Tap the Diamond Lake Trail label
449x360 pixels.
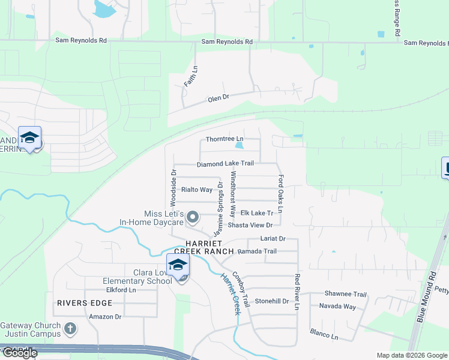[225, 163]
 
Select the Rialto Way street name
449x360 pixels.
[197, 190]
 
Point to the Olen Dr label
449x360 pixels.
[218, 97]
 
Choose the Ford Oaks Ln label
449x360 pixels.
[280, 196]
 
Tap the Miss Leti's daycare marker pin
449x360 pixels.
[193, 217]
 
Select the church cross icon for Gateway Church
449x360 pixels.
[70, 328]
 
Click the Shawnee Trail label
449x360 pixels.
[345, 294]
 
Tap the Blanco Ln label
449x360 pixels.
[324, 334]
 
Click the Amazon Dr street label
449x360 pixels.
[105, 316]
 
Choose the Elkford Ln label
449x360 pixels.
[121, 290]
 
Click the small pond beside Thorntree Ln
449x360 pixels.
[240, 145]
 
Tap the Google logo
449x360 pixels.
[19, 353]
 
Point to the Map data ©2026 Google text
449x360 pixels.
[411, 355]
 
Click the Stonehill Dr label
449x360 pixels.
[272, 301]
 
